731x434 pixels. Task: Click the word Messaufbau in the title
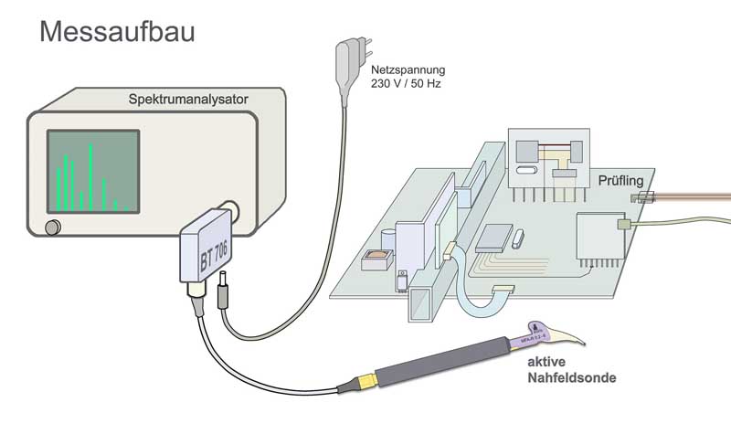[116, 33]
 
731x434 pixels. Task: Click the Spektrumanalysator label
[189, 98]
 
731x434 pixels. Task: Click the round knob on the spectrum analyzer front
[53, 226]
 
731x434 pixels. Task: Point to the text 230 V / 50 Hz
[405, 84]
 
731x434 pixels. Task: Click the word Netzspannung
[407, 69]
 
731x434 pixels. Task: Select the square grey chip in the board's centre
[494, 237]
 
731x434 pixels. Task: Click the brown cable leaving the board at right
[694, 196]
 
